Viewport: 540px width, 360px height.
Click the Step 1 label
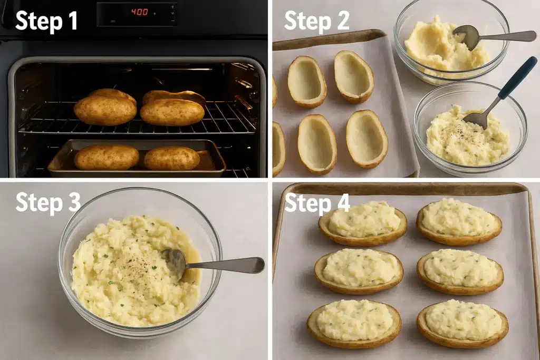point(46,21)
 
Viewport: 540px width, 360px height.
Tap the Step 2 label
point(317,21)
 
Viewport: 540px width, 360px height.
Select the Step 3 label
point(47,202)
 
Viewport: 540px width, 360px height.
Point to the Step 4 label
point(317,202)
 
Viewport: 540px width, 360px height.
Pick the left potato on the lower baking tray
point(106,157)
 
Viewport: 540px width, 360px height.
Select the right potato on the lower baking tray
point(172,158)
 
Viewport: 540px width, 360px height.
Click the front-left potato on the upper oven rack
point(105,110)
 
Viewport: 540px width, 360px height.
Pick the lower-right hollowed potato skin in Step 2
point(367,139)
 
